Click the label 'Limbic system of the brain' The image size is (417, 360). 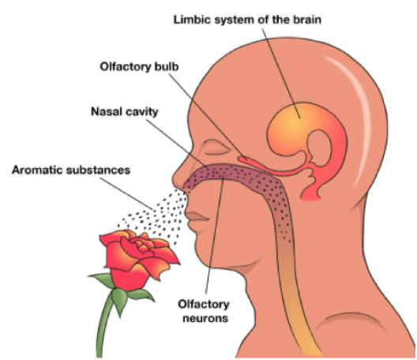[x=250, y=17]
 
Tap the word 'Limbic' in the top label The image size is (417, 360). [x=194, y=17]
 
